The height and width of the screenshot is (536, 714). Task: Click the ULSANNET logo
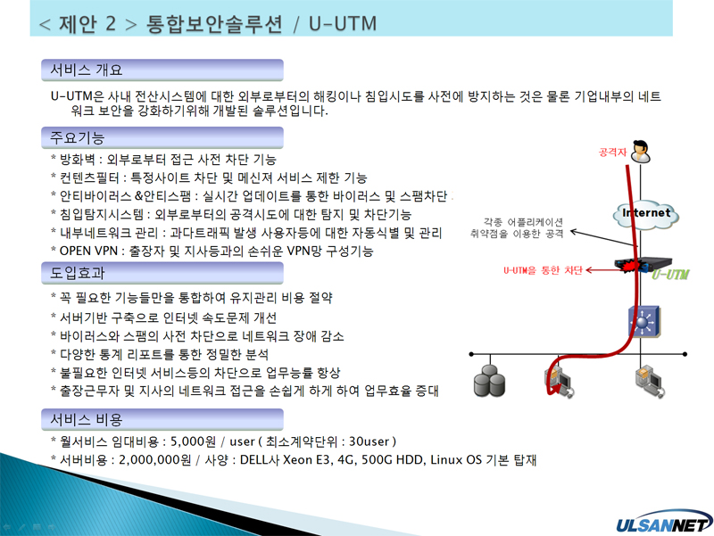664,523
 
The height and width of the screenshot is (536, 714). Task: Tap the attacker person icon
641,152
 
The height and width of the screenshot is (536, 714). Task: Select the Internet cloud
645,215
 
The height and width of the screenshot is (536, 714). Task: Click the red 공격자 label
612,152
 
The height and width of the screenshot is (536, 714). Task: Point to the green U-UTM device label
670,275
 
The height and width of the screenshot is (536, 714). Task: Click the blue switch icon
643,321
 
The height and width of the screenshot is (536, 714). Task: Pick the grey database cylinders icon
489,382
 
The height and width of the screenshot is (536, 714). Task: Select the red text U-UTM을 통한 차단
543,270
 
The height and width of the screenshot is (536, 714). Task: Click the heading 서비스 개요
86,70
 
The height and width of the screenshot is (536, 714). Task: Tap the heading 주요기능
77,137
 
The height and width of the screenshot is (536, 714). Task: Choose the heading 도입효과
77,273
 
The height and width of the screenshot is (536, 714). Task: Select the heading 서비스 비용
86,419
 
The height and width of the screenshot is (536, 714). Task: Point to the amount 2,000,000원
154,459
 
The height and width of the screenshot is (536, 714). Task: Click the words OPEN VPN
88,251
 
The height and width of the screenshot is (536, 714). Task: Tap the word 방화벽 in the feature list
78,160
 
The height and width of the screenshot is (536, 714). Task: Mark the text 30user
369,441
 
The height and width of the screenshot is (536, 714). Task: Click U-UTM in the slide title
343,24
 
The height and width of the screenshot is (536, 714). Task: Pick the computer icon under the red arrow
560,383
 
